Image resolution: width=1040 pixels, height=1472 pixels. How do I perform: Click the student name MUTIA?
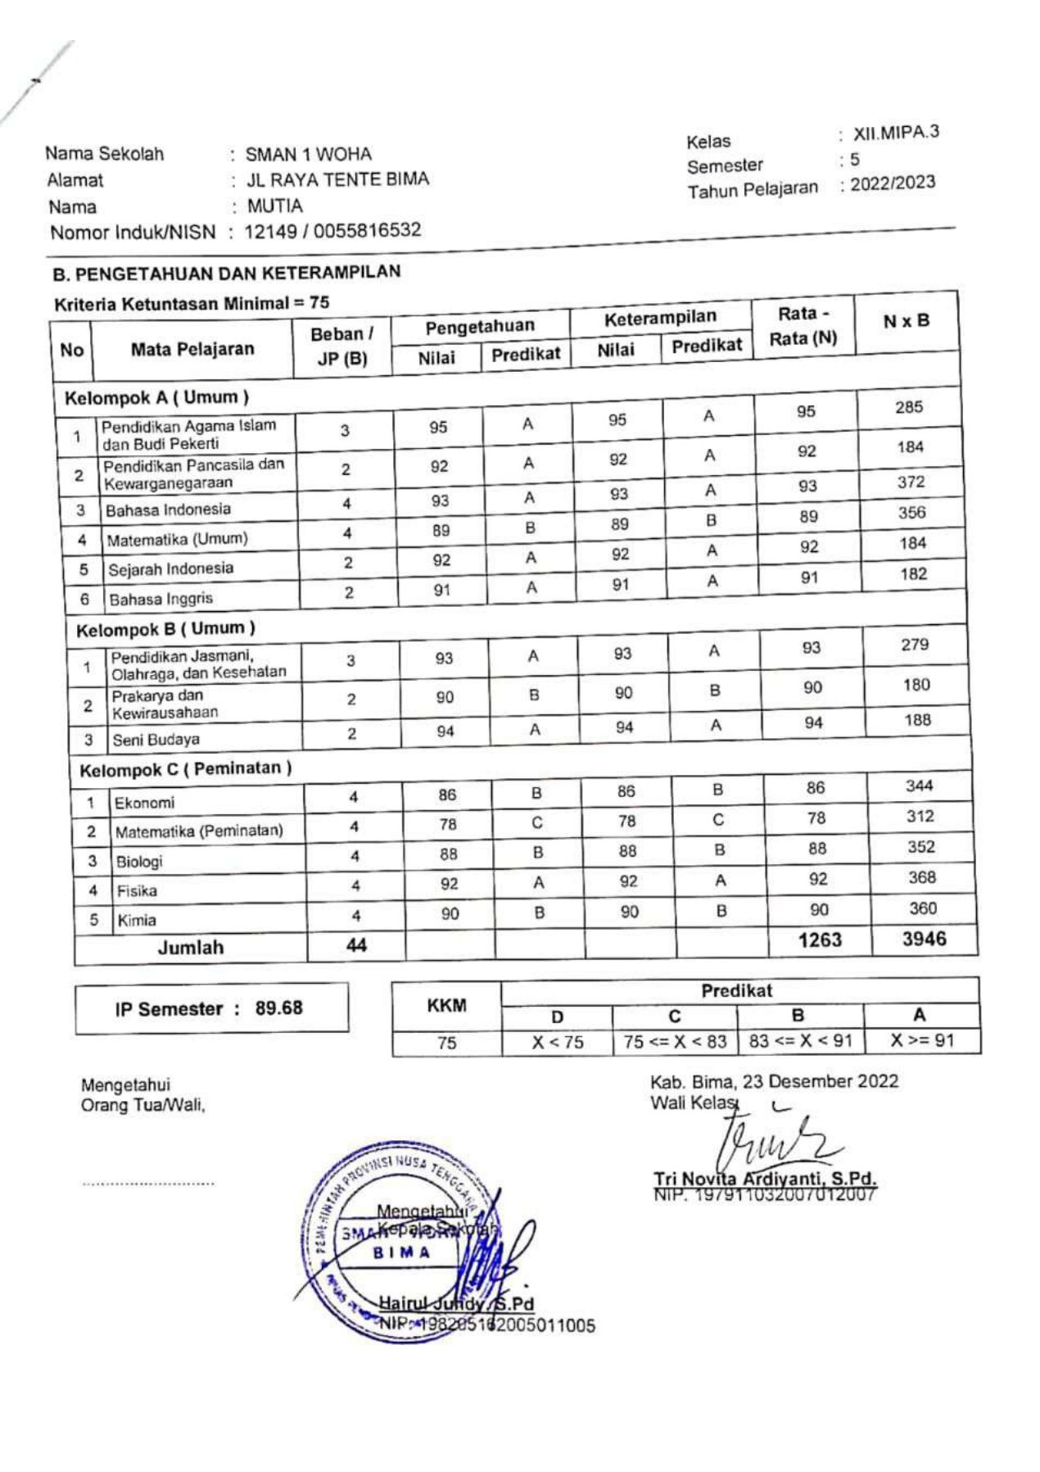(274, 206)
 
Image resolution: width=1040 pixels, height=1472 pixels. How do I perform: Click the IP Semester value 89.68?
(278, 1008)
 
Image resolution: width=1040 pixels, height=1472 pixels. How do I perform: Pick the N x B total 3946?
(924, 939)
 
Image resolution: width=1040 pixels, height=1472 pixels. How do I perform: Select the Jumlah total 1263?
(820, 940)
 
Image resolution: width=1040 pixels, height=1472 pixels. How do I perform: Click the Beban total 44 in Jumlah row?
(356, 945)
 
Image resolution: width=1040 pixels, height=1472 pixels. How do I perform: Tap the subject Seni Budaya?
(156, 740)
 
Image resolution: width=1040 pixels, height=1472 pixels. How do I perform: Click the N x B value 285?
(908, 407)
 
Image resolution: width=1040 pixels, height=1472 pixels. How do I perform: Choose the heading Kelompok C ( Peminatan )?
(185, 769)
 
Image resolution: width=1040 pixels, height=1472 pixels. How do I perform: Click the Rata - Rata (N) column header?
(803, 326)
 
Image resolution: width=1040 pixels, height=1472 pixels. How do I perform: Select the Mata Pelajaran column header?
(192, 350)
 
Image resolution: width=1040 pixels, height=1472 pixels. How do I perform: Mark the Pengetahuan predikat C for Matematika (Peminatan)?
(536, 822)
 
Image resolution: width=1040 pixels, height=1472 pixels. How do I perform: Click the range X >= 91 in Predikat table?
(922, 1041)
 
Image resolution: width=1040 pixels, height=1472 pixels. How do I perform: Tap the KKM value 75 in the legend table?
(446, 1043)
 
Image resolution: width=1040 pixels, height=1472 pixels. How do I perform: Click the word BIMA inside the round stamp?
(401, 1252)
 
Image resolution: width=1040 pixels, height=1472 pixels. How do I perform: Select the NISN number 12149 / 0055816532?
(332, 231)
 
